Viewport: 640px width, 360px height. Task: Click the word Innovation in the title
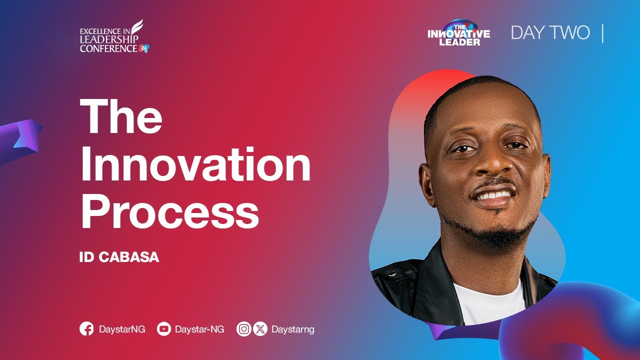click(x=195, y=165)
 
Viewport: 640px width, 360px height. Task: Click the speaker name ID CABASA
click(x=119, y=257)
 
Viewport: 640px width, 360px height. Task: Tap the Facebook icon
click(x=86, y=329)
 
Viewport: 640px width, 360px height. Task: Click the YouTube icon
click(x=163, y=329)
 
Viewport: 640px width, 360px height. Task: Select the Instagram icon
click(x=243, y=329)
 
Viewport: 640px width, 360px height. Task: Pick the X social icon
click(x=260, y=329)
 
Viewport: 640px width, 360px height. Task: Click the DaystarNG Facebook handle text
click(x=122, y=329)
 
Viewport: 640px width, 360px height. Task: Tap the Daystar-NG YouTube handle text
click(x=199, y=329)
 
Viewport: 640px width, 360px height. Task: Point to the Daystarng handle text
click(x=292, y=329)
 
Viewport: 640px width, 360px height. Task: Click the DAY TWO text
click(x=550, y=33)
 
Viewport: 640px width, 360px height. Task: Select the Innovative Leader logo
click(x=459, y=33)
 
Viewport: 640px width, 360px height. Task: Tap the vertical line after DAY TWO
click(x=602, y=33)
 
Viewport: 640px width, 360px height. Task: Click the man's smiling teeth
click(x=493, y=193)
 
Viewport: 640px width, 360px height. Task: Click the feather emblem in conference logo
click(x=137, y=30)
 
